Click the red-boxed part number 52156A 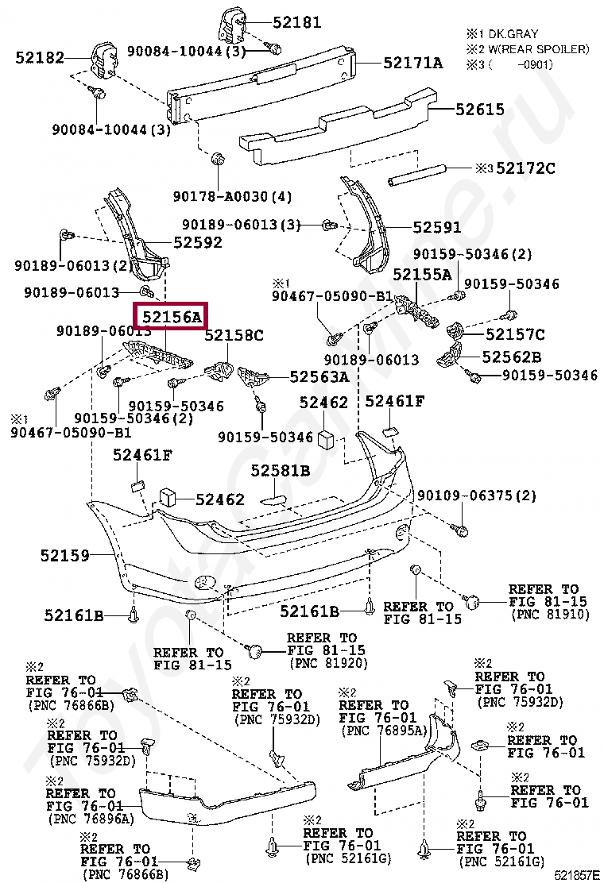coord(172,317)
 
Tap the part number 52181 coord(297,22)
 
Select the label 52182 coord(40,57)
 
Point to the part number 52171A coord(413,63)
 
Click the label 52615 coord(479,110)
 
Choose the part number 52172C coord(525,168)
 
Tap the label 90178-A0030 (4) coord(232,197)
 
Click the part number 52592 coord(198,242)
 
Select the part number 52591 coord(436,227)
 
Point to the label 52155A coord(422,274)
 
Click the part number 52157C coord(515,334)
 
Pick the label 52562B coord(512,357)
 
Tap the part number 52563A coord(319,376)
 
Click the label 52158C coord(234,335)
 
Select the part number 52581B coord(280,470)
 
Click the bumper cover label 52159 coord(65,555)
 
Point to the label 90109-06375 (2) coord(477,495)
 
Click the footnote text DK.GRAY coord(513,34)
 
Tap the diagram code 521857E coord(577,875)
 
